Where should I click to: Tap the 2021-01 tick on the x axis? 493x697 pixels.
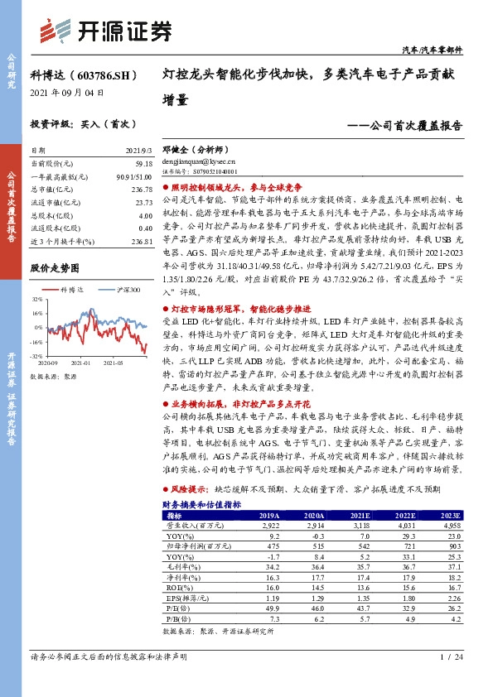[80, 363]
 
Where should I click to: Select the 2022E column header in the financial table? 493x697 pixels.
[404, 515]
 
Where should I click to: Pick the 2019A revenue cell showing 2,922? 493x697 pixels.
[273, 525]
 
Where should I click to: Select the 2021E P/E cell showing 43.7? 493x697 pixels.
[361, 607]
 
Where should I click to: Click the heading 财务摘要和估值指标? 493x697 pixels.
[201, 504]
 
